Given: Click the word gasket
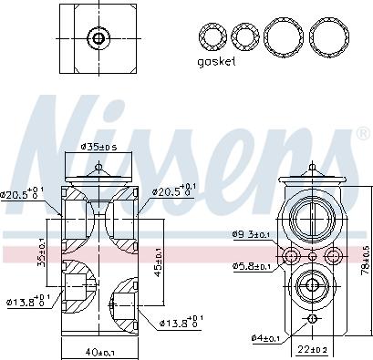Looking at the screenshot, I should click(215, 61).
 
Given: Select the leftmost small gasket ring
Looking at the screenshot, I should click(213, 36).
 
